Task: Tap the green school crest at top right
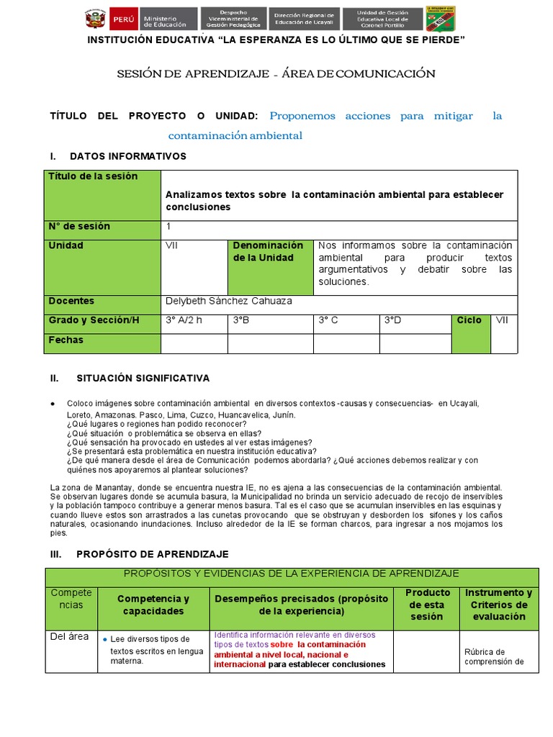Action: pos(440,19)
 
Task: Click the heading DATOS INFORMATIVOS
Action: pos(127,156)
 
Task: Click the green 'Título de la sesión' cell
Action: pos(103,194)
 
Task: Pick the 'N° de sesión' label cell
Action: pos(103,227)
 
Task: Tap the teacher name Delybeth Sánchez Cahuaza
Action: pos(228,302)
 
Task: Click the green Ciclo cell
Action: pos(469,333)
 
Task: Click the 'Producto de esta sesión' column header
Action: pos(428,605)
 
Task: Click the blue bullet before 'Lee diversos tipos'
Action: pos(106,639)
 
